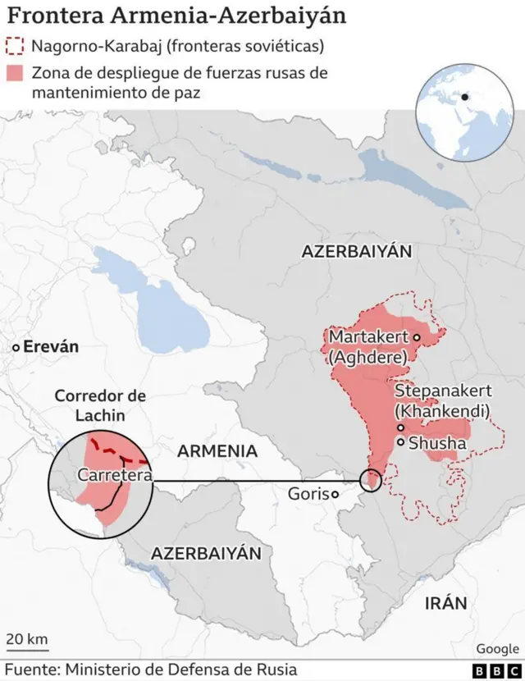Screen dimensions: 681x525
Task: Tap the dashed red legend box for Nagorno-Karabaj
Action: coord(15,46)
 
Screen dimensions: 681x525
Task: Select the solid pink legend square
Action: coord(15,72)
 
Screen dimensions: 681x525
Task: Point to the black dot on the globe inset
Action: coord(465,97)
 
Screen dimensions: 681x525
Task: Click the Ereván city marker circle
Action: coord(15,348)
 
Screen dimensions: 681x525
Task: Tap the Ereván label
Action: coord(51,347)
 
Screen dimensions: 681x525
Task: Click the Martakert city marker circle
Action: coord(417,337)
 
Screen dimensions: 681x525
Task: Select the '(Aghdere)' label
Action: coord(367,358)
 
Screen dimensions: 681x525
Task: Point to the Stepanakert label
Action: coord(443,391)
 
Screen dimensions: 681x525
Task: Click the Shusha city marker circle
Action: coord(400,442)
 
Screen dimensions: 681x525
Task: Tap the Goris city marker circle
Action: coord(335,494)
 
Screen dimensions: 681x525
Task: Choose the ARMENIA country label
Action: coord(217,451)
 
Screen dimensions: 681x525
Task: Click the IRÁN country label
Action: coord(445,604)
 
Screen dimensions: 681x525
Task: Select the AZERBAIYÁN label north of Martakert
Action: coord(356,252)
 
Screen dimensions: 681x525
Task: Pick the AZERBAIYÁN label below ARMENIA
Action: coord(206,554)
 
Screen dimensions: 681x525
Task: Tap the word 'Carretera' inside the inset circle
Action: coord(115,475)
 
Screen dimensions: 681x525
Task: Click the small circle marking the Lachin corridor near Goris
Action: coord(371,480)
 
